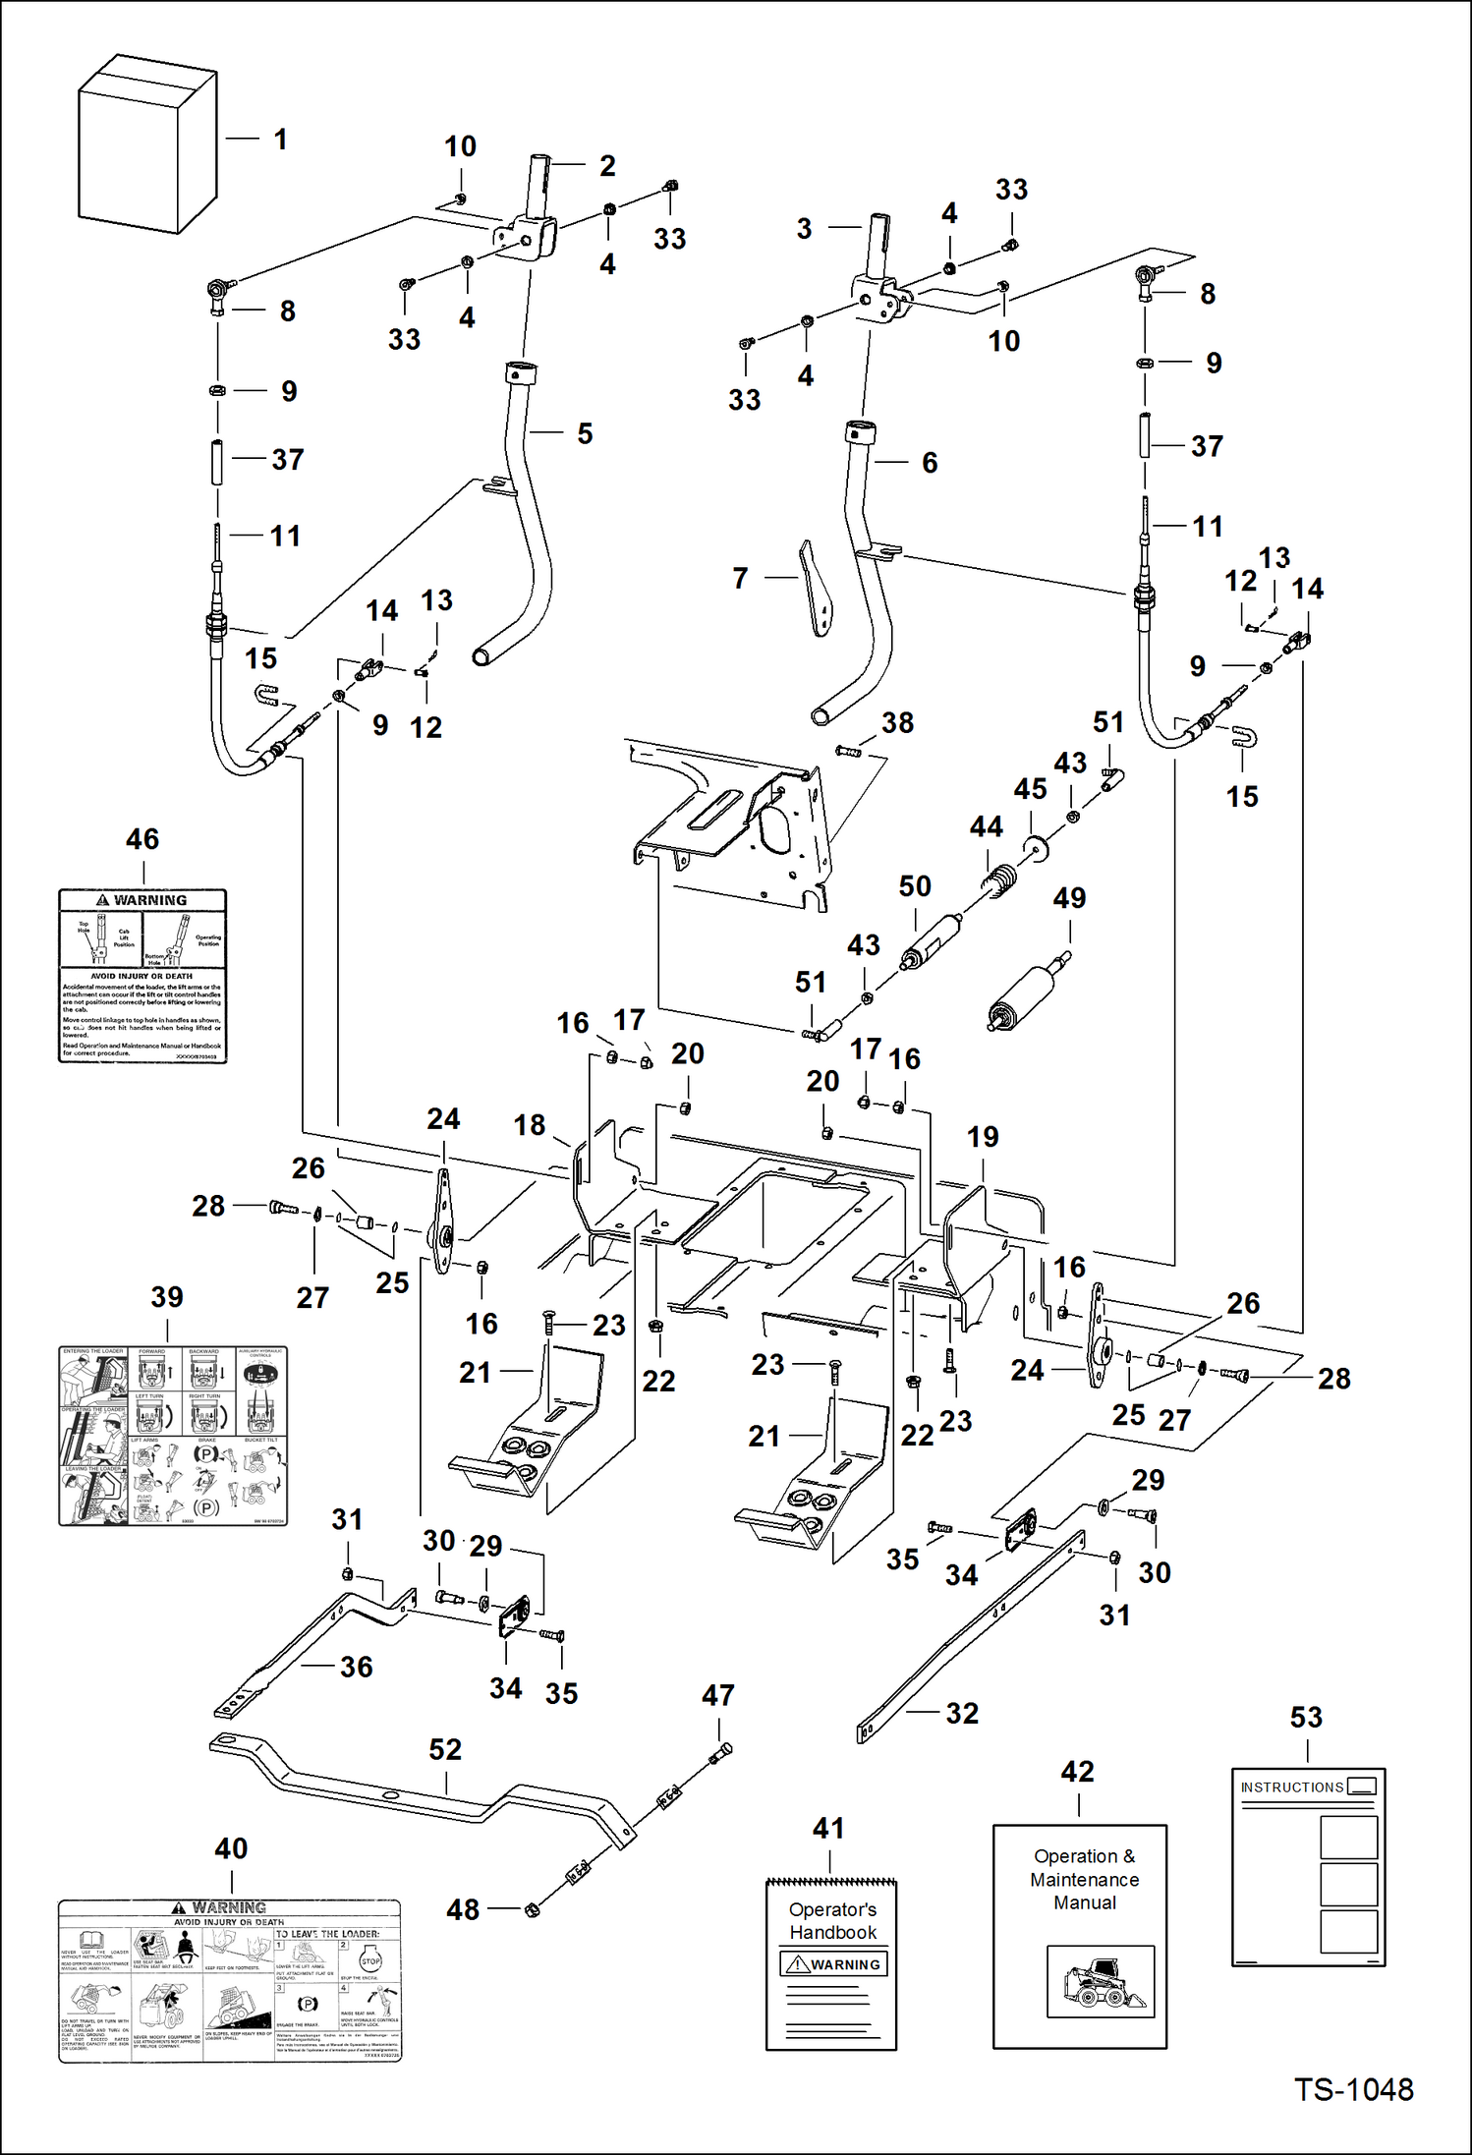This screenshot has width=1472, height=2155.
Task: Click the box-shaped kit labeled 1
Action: pyautogui.click(x=145, y=147)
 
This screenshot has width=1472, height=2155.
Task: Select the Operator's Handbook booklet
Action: pyautogui.click(x=831, y=1965)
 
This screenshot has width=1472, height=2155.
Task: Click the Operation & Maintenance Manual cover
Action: pyautogui.click(x=1079, y=1936)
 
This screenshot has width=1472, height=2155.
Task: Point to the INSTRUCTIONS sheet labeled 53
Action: pyautogui.click(x=1308, y=1866)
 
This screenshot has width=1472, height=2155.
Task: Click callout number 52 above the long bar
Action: pyautogui.click(x=445, y=1749)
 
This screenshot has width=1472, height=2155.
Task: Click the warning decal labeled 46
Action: pyautogui.click(x=142, y=976)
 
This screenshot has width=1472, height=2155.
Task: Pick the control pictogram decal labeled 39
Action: pyautogui.click(x=173, y=1435)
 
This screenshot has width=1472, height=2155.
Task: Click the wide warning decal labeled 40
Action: pyautogui.click(x=230, y=1980)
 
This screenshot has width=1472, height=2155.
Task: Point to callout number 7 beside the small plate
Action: pyautogui.click(x=740, y=578)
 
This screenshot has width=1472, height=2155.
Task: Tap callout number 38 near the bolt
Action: pyautogui.click(x=897, y=722)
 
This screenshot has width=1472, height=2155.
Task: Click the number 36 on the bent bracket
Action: pyautogui.click(x=356, y=1667)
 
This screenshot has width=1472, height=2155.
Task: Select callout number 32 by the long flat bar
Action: pyautogui.click(x=962, y=1713)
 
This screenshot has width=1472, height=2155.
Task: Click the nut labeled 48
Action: pyautogui.click(x=533, y=1909)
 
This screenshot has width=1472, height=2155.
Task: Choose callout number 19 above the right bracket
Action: pyautogui.click(x=983, y=1137)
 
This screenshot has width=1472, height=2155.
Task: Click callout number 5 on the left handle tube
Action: pyautogui.click(x=585, y=433)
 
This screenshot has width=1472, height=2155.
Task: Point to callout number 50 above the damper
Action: pyautogui.click(x=915, y=885)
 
